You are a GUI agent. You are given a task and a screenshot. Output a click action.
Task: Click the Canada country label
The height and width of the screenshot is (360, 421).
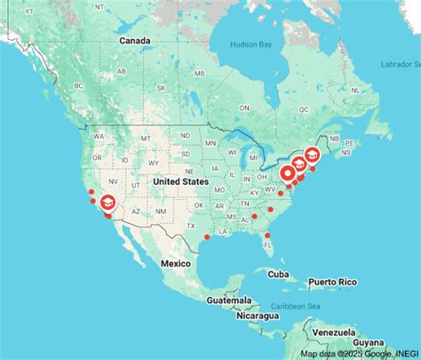point(135,41)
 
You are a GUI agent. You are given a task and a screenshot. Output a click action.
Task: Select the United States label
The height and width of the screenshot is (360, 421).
point(180,181)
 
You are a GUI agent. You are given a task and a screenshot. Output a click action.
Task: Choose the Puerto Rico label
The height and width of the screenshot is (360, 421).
point(332,282)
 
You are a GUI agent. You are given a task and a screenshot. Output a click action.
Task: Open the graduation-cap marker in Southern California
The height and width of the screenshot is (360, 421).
point(107,204)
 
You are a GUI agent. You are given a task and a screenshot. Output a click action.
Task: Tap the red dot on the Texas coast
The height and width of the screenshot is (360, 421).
point(206,237)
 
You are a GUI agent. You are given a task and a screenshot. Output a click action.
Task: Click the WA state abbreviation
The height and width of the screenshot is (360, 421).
point(99,136)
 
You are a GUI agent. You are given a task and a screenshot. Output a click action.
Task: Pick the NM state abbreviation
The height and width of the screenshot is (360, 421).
point(160,212)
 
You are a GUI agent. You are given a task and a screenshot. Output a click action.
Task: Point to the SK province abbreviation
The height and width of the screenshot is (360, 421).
point(161,88)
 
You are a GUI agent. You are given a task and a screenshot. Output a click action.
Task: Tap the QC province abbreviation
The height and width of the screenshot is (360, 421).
point(303,108)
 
